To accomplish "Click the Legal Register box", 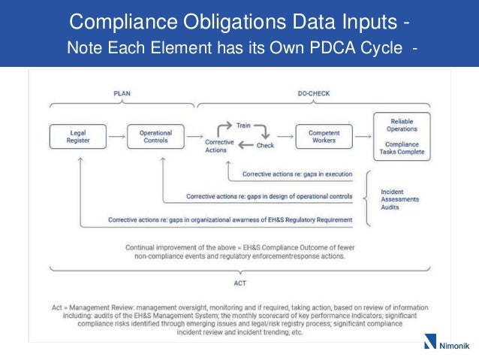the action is [x=77, y=138].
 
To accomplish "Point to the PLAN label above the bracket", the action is [x=122, y=94].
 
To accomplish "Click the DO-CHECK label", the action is [x=313, y=94].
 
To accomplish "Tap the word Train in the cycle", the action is [x=243, y=126].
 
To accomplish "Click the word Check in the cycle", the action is [x=265, y=145].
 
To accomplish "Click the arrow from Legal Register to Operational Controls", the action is [x=116, y=138].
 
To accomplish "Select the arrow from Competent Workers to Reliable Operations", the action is [x=363, y=138].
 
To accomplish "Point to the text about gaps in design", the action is [x=269, y=197].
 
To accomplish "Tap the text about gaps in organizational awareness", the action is [x=230, y=220].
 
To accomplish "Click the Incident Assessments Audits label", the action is [x=399, y=199].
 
